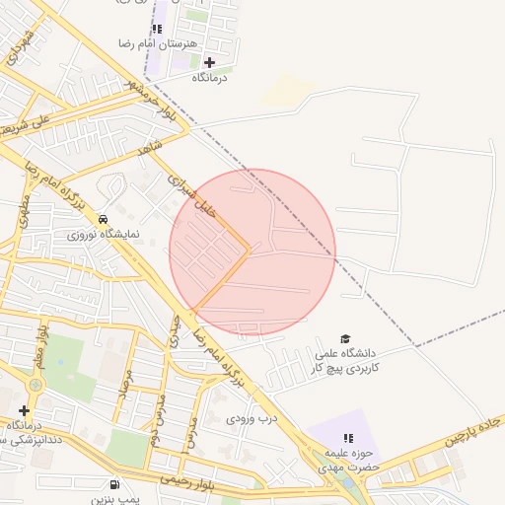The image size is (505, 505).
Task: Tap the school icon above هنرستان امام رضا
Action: [157, 30]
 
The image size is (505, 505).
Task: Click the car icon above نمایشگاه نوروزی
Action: [103, 218]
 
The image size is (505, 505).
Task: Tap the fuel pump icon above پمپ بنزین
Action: [115, 485]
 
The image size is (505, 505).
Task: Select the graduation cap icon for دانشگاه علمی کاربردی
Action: [345, 338]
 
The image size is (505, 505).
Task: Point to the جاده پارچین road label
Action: [478, 427]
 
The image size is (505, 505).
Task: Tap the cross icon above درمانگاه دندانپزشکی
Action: [24, 410]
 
